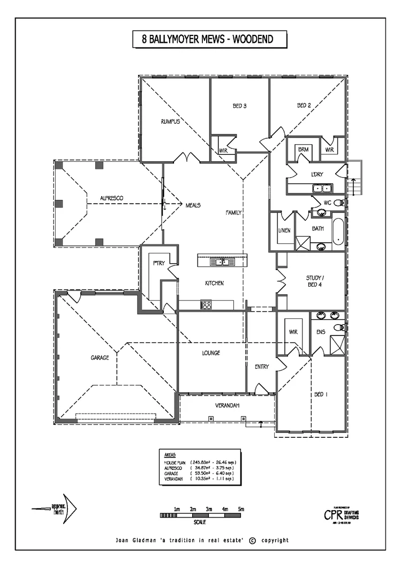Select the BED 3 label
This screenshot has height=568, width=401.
[239, 106]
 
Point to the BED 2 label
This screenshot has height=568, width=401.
[304, 106]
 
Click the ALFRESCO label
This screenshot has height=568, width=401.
[111, 198]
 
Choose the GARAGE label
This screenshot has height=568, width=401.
[100, 357]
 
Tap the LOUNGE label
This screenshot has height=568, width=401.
[211, 353]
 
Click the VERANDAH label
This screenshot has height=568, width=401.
[227, 405]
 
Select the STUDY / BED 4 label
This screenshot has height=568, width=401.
[315, 281]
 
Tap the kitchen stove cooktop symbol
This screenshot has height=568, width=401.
[206, 305]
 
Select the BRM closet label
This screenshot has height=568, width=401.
[303, 150]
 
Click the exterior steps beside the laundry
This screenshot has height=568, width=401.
[354, 180]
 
